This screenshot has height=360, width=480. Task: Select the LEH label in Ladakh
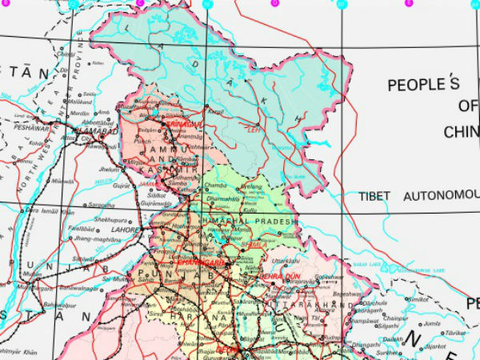[255, 130]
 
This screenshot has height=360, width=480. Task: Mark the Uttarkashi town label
[286, 261]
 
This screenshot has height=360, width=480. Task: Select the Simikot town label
[418, 299]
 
